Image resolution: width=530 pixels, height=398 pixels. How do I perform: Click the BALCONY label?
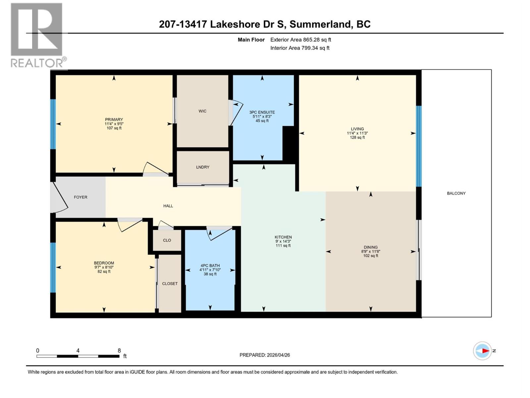(456, 193)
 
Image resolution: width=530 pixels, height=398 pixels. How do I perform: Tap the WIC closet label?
(202, 111)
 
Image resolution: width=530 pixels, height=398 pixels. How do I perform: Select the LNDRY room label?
(202, 167)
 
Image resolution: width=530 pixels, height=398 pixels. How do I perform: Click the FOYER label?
(80, 197)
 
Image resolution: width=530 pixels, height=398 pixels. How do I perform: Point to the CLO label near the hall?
(167, 240)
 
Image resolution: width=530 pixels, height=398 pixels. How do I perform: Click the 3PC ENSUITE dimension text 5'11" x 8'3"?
(262, 116)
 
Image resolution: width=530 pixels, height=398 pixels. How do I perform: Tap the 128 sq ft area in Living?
(357, 137)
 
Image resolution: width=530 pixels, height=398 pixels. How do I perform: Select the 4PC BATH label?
(210, 266)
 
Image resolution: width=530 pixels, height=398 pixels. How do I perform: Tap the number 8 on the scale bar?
(119, 351)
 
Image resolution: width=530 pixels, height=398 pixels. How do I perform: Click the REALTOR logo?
(37, 35)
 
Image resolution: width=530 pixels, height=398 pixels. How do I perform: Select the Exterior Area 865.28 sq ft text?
(300, 40)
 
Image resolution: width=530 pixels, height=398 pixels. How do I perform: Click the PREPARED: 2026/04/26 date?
(265, 355)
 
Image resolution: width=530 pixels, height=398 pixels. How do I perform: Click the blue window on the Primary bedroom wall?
(53, 124)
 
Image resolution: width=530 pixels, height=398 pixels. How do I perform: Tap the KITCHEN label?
(283, 237)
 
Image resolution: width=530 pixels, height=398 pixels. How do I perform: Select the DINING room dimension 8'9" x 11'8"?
(370, 251)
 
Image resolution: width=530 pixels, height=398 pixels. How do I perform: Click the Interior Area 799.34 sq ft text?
(300, 48)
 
